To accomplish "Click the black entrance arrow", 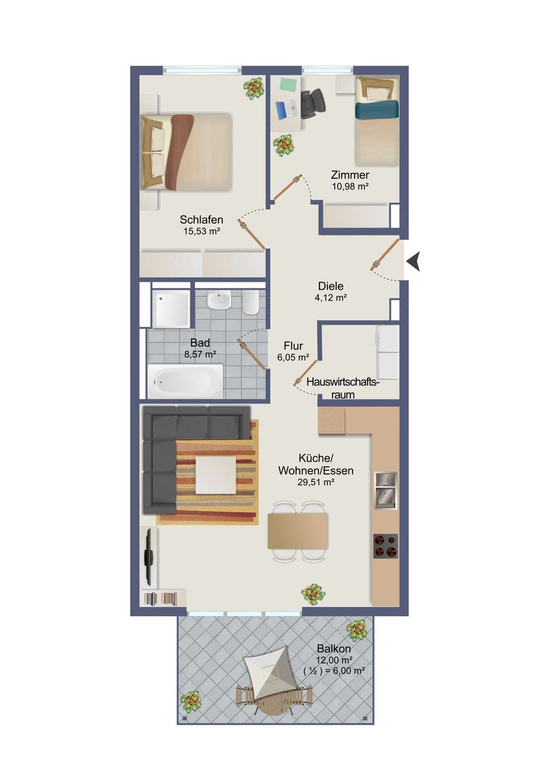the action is [414, 261].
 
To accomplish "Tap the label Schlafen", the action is [201, 220].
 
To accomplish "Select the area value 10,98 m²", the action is [350, 186].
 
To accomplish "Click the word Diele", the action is [331, 286].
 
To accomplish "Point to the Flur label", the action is [293, 346].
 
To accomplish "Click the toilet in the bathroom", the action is [250, 302].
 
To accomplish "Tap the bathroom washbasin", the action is [219, 300].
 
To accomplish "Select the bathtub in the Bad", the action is [185, 382].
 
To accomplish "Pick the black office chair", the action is [312, 103].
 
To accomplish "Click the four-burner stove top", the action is [386, 546].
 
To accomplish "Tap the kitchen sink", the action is [386, 490].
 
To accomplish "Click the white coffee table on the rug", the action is [216, 476].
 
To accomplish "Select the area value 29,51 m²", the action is [316, 482].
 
